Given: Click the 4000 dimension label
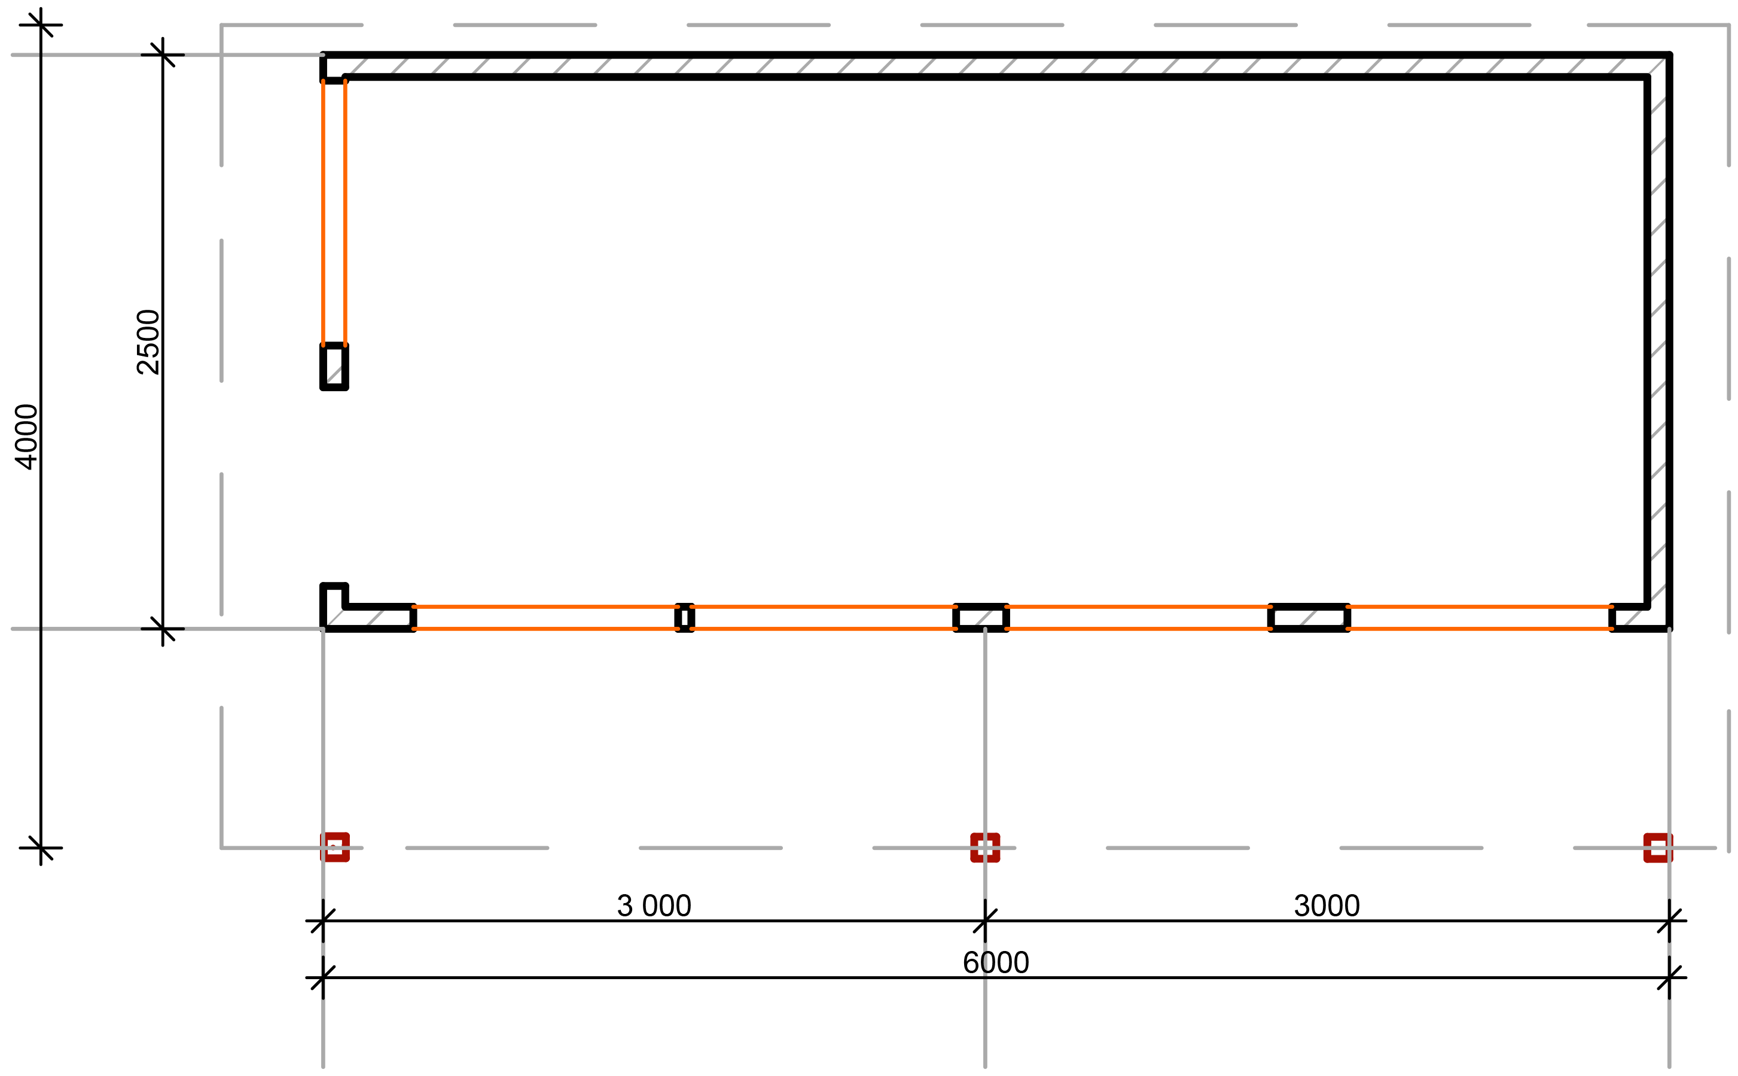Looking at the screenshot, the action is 26,437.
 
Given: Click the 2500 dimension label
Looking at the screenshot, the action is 148,342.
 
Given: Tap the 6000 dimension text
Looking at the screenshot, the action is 995,963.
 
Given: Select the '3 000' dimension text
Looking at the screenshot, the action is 654,906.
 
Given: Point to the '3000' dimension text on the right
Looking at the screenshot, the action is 1327,906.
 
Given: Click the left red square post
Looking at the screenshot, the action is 334,848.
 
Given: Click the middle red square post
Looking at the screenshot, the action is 985,848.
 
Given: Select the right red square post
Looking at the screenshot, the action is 1658,848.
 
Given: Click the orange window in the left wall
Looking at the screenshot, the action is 334,213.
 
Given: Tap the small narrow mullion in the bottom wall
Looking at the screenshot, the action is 684,618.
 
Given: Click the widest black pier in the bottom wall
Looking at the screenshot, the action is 1309,618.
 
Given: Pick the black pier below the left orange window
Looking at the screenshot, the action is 334,367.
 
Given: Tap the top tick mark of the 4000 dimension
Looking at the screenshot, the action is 41,25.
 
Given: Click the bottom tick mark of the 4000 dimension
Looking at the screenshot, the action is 41,848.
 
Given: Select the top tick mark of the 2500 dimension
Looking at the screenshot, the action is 163,55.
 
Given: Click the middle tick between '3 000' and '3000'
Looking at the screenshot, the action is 985,921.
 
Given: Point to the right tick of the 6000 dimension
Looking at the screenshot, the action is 1669,978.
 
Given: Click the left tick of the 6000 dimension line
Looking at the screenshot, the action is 323,978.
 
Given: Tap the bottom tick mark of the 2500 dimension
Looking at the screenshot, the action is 163,629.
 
